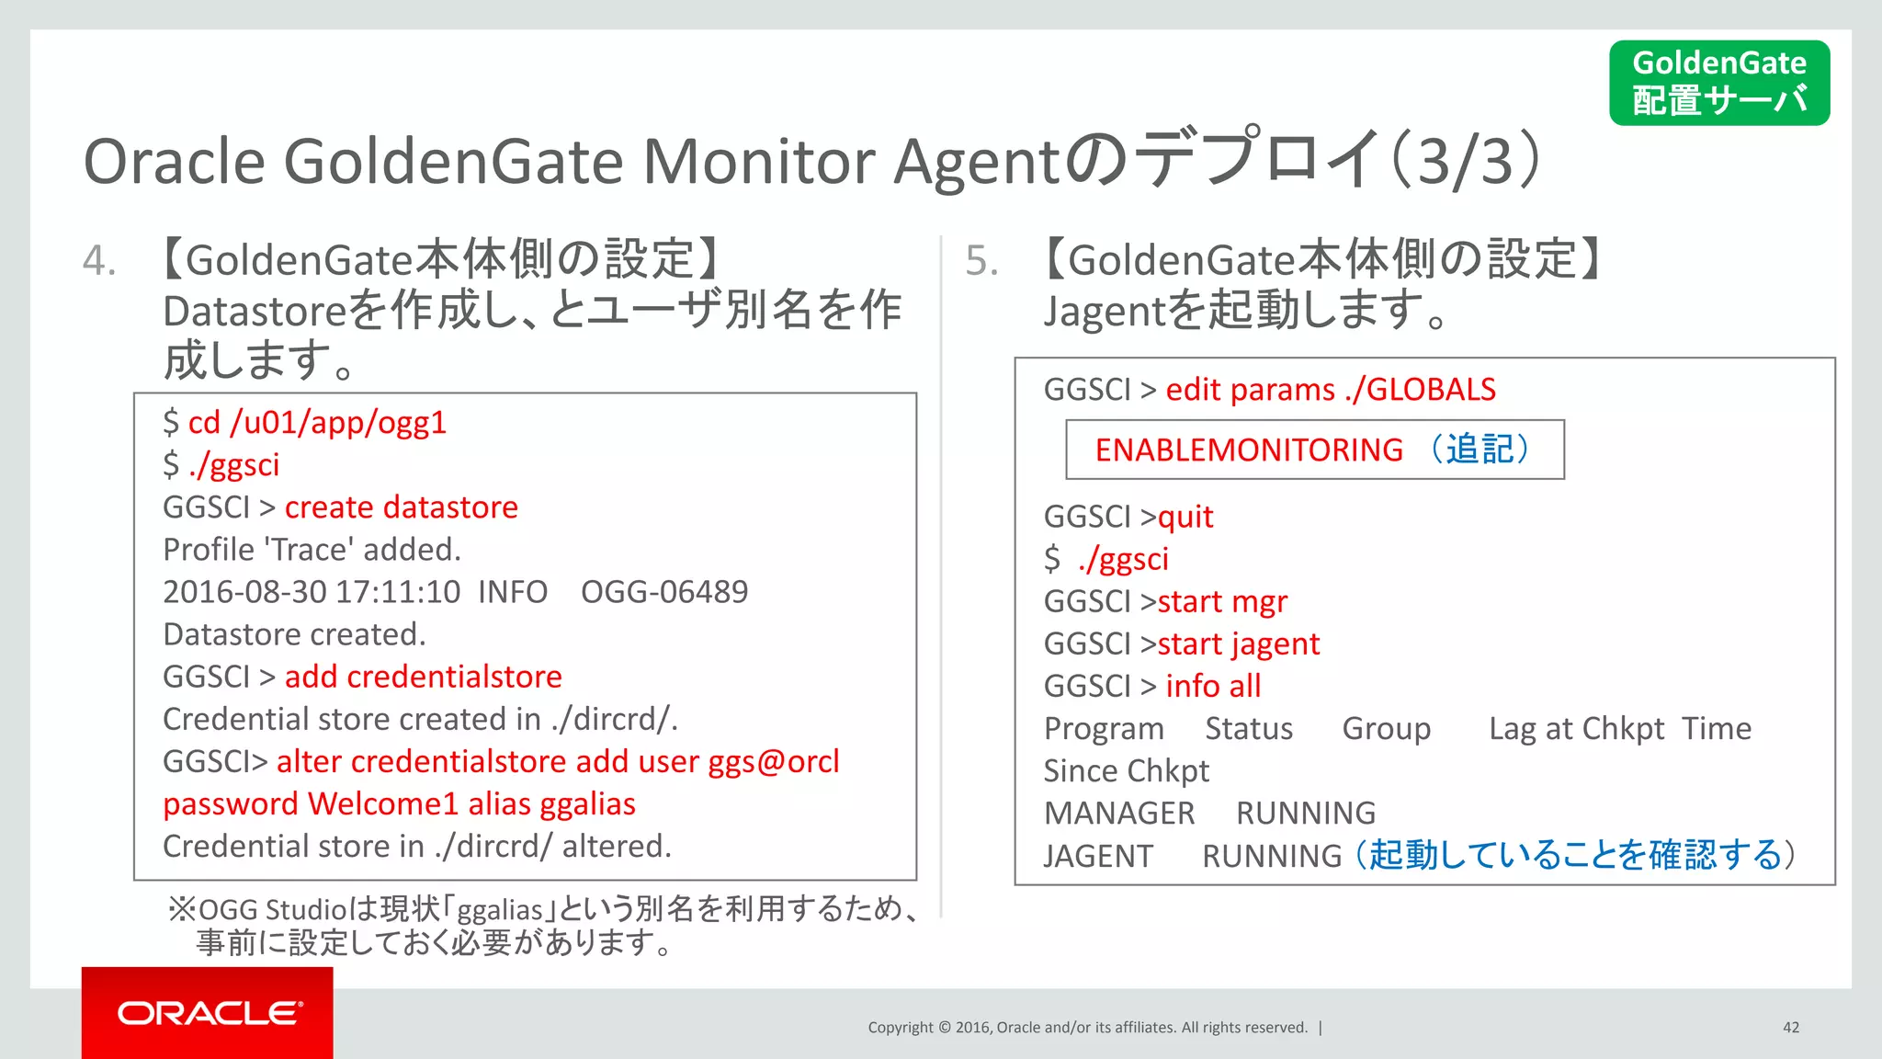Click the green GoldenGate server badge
pos(1718,82)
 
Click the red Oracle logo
pos(208,1012)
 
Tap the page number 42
pos(1791,1027)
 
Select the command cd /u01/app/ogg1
pos(317,422)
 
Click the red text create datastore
pos(401,507)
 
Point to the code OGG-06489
pos(663,591)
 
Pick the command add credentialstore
pos(423,677)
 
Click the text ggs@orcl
pos(773,761)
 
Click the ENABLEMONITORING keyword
pos(1249,450)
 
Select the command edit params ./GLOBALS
pos(1330,389)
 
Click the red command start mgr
pos(1221,601)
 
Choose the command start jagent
pos(1238,643)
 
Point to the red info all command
pos(1213,686)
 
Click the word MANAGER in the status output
pos(1118,813)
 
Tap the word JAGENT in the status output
pos(1097,856)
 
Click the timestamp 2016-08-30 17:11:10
pos(312,591)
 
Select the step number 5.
pos(981,260)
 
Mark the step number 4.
pos(98,260)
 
